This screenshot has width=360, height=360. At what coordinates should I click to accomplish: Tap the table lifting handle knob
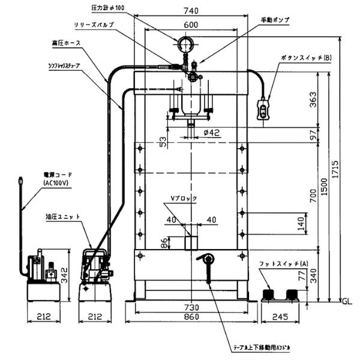coord(207,259)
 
